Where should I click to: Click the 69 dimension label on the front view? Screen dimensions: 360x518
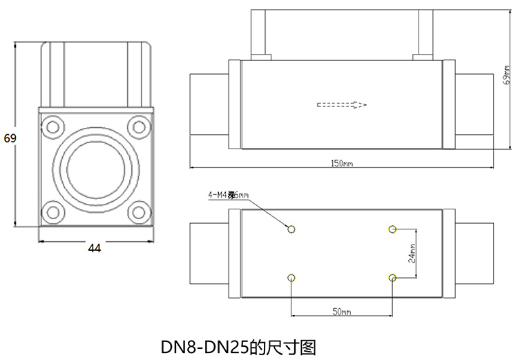point(10,138)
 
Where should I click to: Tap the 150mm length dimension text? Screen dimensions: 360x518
point(342,164)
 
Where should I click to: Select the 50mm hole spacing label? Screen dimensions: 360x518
point(342,312)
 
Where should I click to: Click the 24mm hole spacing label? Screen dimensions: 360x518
point(412,254)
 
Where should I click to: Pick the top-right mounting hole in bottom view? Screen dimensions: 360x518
point(392,229)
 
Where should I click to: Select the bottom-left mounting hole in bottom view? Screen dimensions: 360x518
point(291,278)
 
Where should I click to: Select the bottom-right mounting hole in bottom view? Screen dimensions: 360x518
point(392,278)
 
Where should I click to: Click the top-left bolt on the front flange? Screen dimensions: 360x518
point(51,126)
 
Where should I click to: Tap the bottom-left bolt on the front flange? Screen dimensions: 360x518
point(51,212)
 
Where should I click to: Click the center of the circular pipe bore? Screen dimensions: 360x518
point(95,169)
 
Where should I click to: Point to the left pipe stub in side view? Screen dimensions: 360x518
point(209,105)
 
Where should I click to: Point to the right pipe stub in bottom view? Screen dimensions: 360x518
point(474,253)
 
